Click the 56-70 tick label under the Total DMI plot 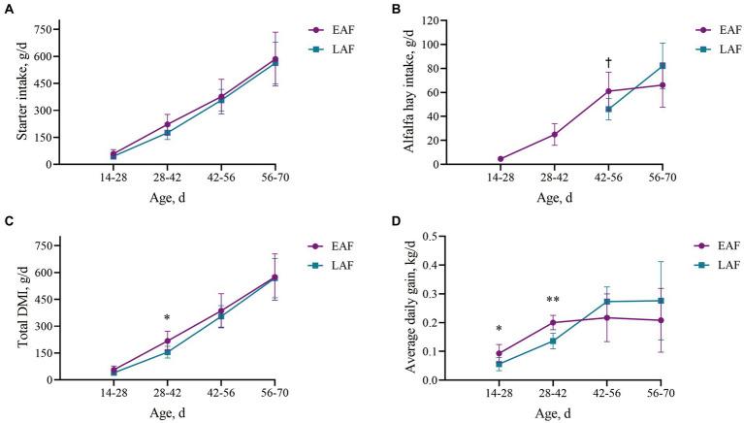tap(275, 393)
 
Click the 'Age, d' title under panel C tap(194, 411)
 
